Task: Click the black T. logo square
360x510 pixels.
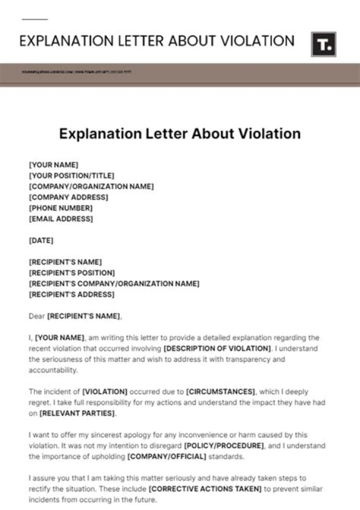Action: click(x=323, y=45)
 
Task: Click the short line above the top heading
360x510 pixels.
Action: click(x=34, y=20)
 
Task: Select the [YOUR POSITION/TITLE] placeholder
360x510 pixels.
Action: click(x=71, y=175)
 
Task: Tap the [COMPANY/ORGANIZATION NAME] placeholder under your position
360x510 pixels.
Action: click(x=91, y=186)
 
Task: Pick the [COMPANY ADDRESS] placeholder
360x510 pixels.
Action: click(x=68, y=197)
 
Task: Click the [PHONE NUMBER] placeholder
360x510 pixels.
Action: click(x=60, y=208)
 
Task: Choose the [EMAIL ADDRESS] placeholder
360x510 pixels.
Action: click(x=61, y=219)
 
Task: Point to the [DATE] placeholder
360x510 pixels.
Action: click(x=41, y=240)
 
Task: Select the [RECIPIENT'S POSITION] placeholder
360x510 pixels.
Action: click(x=72, y=273)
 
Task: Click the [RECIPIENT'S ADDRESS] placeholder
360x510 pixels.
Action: click(x=71, y=294)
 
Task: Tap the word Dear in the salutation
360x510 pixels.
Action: click(x=37, y=316)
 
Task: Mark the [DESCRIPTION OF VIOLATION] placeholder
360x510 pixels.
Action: click(x=217, y=348)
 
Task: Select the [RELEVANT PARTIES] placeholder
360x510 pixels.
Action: click(x=77, y=413)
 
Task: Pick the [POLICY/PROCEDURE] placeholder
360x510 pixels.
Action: click(x=223, y=445)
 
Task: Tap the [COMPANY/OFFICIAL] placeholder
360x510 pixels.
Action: click(x=167, y=456)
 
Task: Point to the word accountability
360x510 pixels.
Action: click(x=53, y=370)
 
